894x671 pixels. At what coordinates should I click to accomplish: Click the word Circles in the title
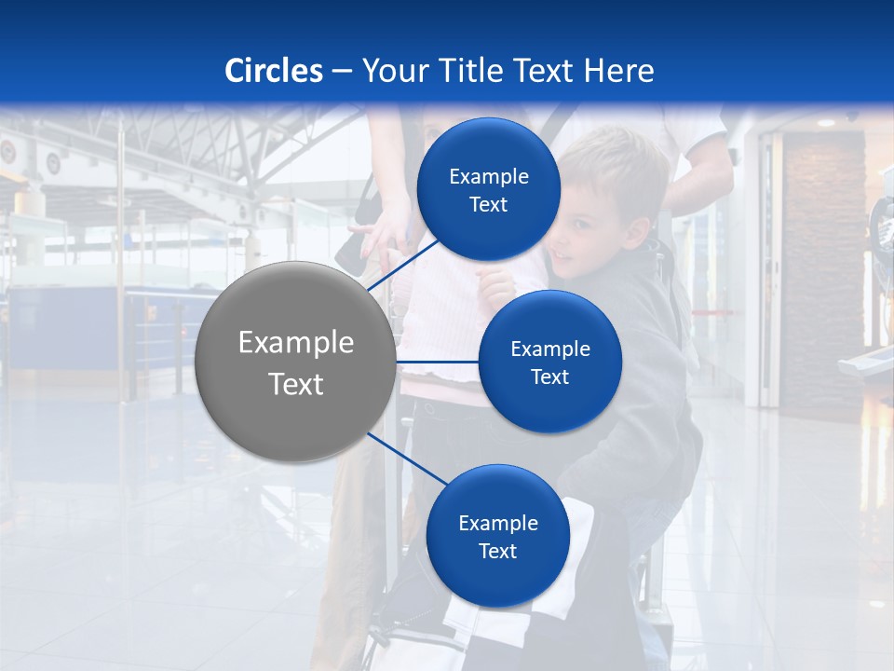(x=274, y=71)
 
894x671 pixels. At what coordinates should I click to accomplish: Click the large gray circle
(x=295, y=362)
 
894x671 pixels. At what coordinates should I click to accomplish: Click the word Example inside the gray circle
(x=296, y=342)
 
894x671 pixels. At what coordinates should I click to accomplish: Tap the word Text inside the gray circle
(x=296, y=383)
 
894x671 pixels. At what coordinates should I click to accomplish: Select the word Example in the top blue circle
(x=489, y=176)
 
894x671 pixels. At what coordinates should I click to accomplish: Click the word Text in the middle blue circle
(x=549, y=377)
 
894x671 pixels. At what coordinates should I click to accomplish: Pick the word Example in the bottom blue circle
(x=498, y=523)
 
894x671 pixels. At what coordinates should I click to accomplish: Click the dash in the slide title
(x=342, y=71)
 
